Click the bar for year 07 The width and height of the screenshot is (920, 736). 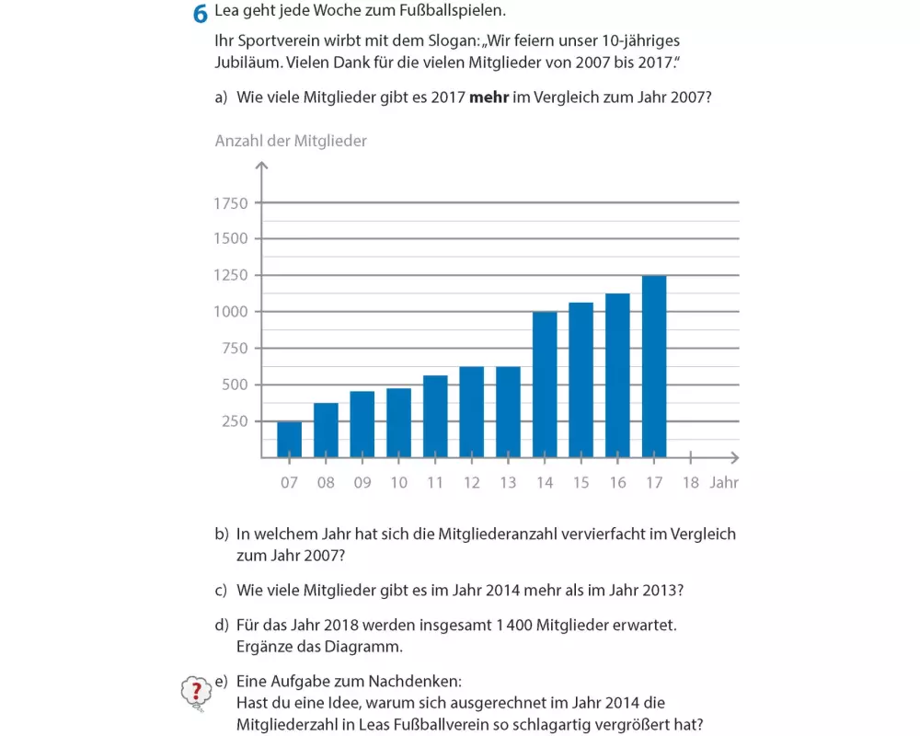[289, 440]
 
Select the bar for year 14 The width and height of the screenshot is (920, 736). [545, 385]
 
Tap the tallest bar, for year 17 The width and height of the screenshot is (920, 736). [654, 366]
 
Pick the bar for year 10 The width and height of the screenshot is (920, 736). [398, 423]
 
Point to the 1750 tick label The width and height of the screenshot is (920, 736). [231, 203]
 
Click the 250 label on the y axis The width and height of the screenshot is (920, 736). [236, 421]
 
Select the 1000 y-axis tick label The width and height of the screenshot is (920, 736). [231, 312]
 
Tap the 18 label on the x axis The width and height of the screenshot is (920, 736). [690, 482]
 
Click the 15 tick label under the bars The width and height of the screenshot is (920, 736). [581, 482]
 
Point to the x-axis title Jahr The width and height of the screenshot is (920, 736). [724, 482]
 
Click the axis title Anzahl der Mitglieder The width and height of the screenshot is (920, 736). [291, 141]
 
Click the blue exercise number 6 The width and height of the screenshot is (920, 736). [200, 15]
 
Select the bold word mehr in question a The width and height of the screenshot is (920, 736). [489, 97]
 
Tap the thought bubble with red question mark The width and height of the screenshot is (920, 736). [195, 693]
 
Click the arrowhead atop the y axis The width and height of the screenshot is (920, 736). [262, 167]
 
